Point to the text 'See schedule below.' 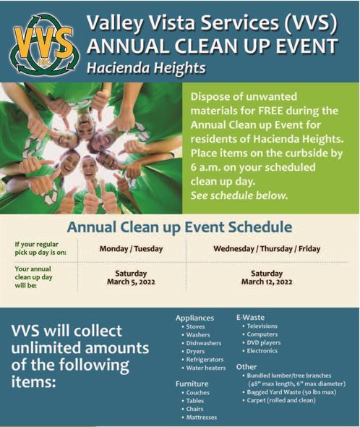click(239, 195)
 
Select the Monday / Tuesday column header click(131, 249)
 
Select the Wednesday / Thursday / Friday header click(267, 249)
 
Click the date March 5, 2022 click(131, 282)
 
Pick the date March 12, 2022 click(267, 282)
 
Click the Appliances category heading click(195, 317)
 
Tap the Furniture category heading click(192, 384)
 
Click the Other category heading click(247, 367)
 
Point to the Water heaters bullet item click(205, 368)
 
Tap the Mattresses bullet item click(202, 418)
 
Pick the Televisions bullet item click(267, 326)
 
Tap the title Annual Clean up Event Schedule click(179, 227)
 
